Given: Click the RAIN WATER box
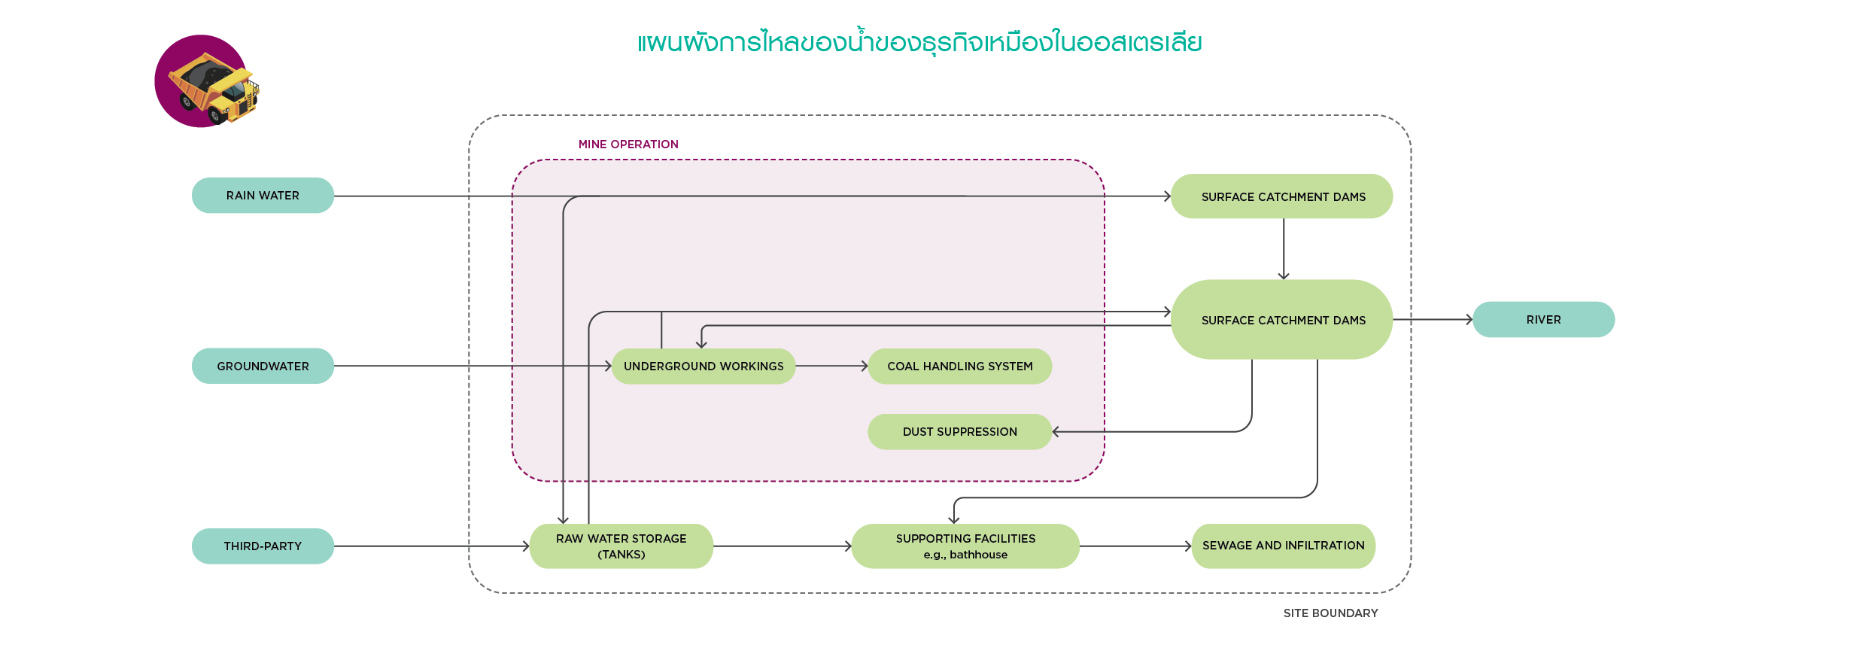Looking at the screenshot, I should pos(263,196).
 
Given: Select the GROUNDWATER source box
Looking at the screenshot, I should pos(263,366).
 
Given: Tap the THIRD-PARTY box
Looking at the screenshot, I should pos(263,546).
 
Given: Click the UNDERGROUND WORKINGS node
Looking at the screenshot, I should pos(704,367).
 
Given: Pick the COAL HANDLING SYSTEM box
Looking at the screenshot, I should pos(959,367).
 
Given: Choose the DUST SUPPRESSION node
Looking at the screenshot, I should pos(959,432).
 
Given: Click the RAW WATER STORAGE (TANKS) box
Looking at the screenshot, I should pos(621,546).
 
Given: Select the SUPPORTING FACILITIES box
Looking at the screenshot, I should pos(965,546).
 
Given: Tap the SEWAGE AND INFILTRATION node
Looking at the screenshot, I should pos(1283,546).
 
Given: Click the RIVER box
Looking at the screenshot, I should pos(1543,320).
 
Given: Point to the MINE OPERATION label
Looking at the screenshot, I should pos(628,144).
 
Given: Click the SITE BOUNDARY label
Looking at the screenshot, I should pos(1330,613).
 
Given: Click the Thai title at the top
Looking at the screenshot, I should pos(919,43).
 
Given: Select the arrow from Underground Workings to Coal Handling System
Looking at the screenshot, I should pos(831,367).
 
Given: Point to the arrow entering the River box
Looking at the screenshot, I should pos(1433,320).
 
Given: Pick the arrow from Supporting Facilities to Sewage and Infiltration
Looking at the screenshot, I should pos(1135,546).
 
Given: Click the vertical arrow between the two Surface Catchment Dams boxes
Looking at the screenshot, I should pos(1284,249).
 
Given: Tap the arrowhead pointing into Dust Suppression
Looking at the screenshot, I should pos(1056,432).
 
